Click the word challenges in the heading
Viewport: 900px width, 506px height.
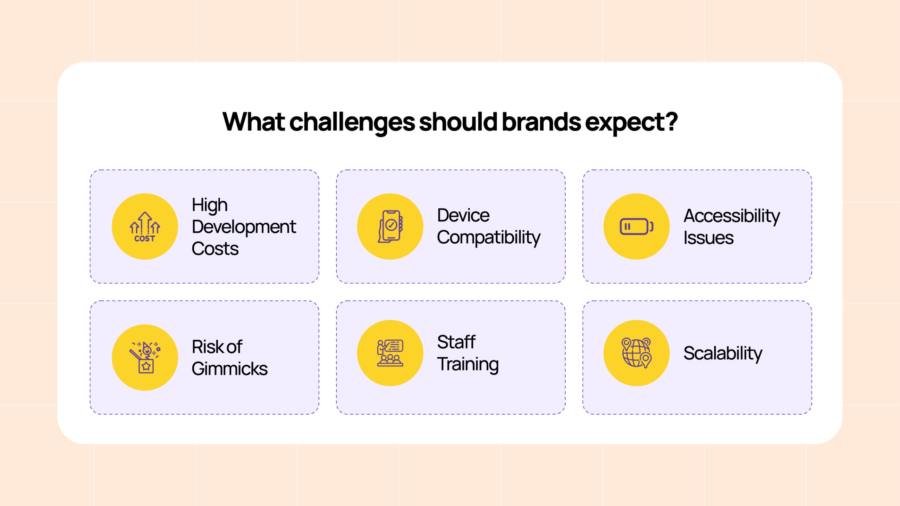point(352,122)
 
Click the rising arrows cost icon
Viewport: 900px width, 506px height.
point(145,227)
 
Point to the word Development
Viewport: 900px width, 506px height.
point(244,227)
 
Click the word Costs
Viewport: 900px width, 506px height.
point(215,249)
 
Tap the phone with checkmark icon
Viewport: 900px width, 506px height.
point(390,226)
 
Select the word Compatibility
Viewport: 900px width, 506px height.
point(488,238)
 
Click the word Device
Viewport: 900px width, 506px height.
point(463,215)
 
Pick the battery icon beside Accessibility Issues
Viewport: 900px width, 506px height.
point(636,226)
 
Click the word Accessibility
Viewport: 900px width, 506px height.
point(732,216)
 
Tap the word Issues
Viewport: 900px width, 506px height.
point(708,238)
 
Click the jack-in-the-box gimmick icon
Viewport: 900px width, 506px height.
point(145,357)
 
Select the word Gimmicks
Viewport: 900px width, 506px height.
point(230,369)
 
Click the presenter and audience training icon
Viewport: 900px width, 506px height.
point(390,353)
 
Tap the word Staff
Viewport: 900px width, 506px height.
point(456,342)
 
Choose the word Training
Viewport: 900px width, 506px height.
point(468,364)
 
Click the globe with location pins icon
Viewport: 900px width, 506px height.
point(636,353)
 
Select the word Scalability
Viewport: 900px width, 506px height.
point(722,353)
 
